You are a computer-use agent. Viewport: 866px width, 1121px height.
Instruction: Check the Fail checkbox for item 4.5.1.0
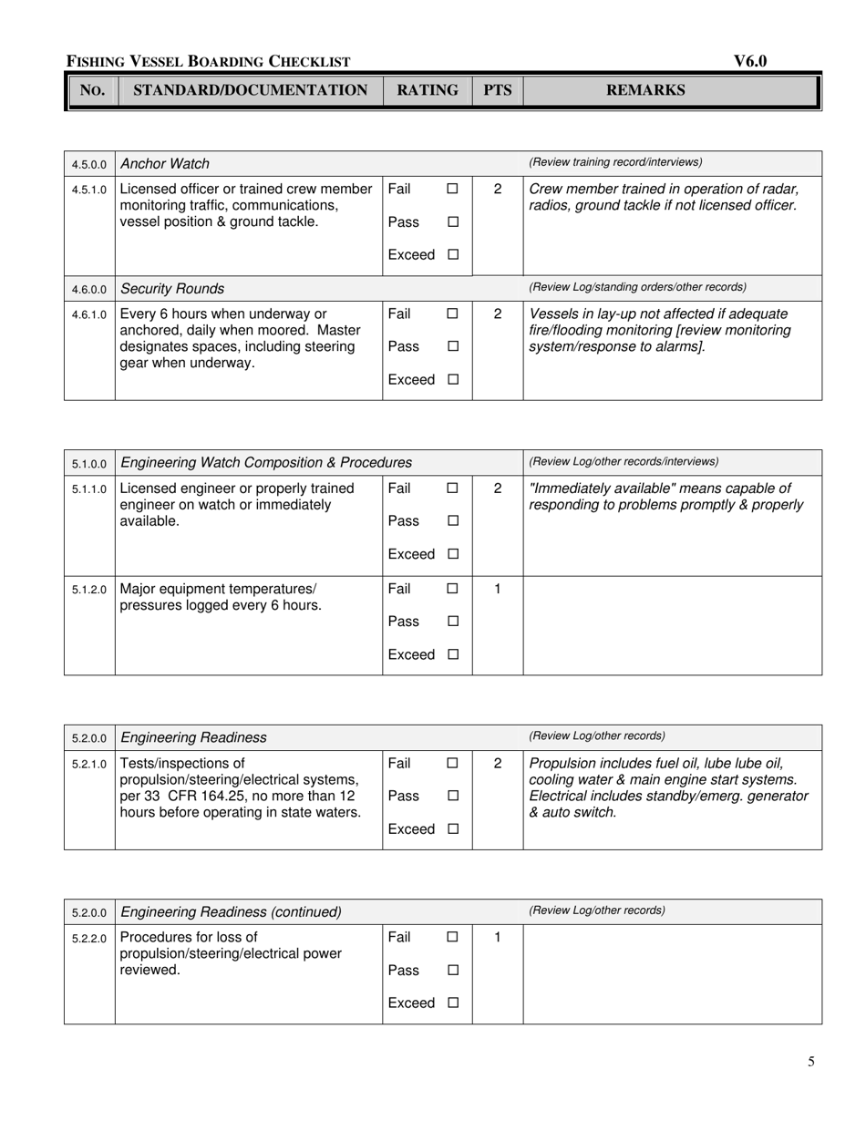452,189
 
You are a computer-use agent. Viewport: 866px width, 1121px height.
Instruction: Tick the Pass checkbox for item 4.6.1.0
452,347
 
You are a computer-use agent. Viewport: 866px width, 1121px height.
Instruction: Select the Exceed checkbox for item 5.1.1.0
452,554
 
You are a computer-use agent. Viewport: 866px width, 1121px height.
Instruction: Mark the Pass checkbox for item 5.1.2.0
452,622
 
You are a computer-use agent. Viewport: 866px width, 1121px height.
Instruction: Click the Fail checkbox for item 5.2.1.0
452,764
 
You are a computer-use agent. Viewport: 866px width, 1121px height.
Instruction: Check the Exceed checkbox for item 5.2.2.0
452,1003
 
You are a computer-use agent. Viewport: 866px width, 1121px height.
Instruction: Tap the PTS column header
497,90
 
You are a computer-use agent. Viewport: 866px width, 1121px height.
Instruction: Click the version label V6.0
750,61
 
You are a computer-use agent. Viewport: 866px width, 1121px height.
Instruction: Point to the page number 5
811,1061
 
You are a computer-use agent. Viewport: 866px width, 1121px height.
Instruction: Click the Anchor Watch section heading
165,164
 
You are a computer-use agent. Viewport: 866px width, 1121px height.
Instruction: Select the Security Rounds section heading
172,289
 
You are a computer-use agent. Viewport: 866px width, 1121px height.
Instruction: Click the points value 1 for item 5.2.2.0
497,937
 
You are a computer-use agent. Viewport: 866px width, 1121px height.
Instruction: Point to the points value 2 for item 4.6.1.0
497,314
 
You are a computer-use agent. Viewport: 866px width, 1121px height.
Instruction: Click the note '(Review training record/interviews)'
615,162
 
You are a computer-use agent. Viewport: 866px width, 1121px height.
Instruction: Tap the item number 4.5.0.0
89,165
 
